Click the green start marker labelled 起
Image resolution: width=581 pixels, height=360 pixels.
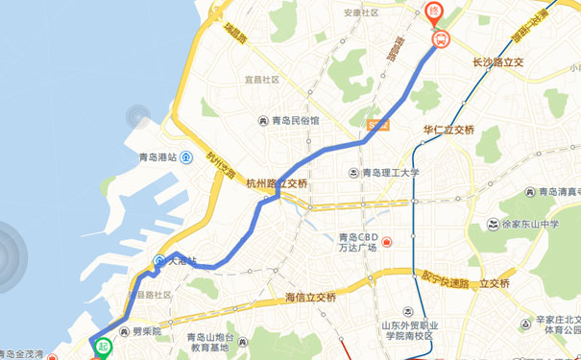[x=102, y=348]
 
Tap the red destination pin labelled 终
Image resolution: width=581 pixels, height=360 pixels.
[x=433, y=13]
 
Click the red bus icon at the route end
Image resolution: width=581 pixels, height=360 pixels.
[x=441, y=39]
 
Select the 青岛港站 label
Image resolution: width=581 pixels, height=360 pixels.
[x=157, y=158]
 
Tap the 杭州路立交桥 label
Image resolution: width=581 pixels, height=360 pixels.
[x=277, y=183]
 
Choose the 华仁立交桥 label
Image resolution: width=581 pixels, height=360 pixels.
[x=449, y=129]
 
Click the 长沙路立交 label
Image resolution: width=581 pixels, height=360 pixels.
[x=497, y=62]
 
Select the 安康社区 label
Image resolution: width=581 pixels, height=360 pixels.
[x=360, y=12]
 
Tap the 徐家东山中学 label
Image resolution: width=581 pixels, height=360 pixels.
[x=522, y=225]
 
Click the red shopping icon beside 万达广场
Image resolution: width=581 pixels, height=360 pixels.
[x=386, y=241]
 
